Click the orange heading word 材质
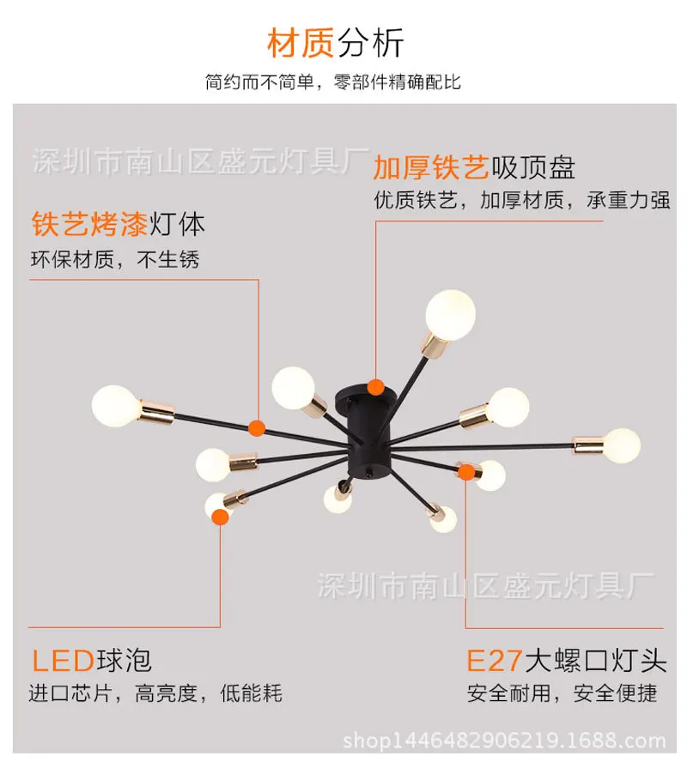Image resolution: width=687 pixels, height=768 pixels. [301, 43]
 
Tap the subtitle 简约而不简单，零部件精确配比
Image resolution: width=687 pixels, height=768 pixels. [333, 82]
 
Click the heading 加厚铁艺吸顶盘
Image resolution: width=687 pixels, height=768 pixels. [474, 167]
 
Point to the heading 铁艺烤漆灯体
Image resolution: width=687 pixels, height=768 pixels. [119, 224]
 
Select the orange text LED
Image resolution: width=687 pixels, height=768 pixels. [64, 660]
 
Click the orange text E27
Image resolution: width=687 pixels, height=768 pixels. [494, 660]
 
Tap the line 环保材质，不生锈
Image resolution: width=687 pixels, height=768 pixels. [115, 260]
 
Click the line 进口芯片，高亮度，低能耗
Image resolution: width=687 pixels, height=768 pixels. [155, 693]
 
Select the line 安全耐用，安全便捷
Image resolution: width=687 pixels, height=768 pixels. [562, 693]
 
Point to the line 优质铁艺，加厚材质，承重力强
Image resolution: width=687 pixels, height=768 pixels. [522, 200]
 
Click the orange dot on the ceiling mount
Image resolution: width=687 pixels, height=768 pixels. [376, 387]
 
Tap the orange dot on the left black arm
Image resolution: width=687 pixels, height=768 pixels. [256, 428]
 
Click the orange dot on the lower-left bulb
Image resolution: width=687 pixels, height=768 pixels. [221, 517]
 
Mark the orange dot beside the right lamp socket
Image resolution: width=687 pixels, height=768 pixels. [466, 472]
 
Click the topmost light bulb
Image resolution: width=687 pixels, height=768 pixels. [450, 315]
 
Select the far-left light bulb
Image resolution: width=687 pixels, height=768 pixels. [116, 406]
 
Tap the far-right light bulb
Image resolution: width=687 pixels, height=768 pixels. [622, 445]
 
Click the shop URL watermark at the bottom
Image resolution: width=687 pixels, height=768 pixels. [504, 741]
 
